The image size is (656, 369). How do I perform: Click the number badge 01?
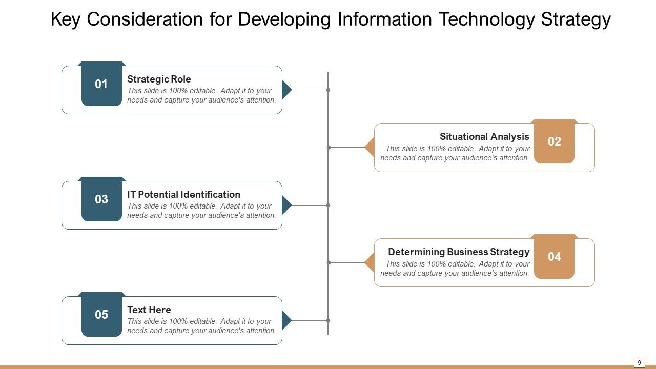[x=101, y=85]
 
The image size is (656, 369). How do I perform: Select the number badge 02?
[x=554, y=142]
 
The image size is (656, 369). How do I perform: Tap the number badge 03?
[x=101, y=200]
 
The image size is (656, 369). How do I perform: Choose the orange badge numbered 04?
[x=554, y=257]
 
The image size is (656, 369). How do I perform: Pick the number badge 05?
[x=101, y=315]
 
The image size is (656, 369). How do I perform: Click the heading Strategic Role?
[x=159, y=79]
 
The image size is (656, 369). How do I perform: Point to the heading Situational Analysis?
[x=484, y=137]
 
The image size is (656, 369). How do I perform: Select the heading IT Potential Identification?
[x=183, y=195]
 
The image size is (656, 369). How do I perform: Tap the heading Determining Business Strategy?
[x=459, y=252]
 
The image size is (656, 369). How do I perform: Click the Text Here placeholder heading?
[x=149, y=310]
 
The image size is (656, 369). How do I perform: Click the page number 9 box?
[x=639, y=362]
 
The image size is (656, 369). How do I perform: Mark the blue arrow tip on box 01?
[x=286, y=90]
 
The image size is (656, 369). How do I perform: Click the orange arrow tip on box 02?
[x=370, y=148]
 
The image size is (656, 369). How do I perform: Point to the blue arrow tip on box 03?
[x=286, y=205]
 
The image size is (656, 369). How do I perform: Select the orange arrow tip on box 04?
[x=370, y=263]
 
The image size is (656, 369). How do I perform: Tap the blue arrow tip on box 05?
[x=286, y=320]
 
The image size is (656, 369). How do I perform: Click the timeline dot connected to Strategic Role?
[x=328, y=90]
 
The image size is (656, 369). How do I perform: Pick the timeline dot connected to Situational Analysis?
[x=329, y=148]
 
